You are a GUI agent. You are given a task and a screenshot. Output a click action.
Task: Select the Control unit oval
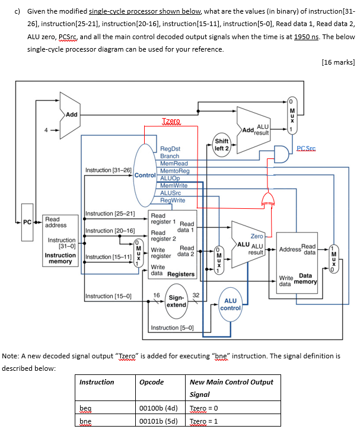coord(145,176)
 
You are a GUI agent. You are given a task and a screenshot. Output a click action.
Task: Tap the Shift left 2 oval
coord(221,145)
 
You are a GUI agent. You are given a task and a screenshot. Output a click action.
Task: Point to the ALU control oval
coord(230,304)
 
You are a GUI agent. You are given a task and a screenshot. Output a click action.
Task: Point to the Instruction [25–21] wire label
coord(111,213)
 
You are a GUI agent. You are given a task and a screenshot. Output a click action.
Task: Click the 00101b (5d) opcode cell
coord(158,420)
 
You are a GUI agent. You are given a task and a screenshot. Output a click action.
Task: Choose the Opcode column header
coord(151,381)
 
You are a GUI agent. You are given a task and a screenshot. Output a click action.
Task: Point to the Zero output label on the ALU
coord(257,236)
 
